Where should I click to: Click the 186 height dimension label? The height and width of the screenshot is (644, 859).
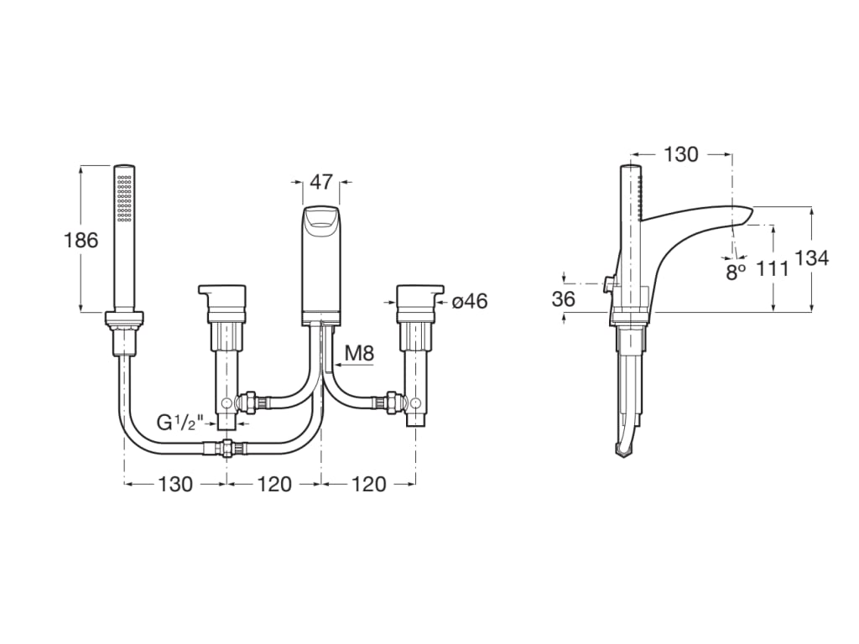click(81, 240)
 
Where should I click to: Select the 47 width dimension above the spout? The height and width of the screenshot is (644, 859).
click(321, 182)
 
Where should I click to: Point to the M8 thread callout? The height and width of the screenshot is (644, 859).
click(359, 353)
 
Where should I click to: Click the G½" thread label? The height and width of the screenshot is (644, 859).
click(180, 423)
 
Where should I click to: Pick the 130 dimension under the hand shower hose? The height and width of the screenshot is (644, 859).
click(175, 484)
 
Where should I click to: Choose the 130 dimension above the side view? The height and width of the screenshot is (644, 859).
click(680, 154)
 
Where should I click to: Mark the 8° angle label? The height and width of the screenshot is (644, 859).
click(736, 272)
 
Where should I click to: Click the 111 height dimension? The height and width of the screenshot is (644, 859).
click(772, 268)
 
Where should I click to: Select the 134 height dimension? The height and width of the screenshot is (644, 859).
click(811, 258)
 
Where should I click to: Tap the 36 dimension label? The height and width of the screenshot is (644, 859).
click(565, 299)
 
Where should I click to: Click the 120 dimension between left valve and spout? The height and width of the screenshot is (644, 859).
click(274, 484)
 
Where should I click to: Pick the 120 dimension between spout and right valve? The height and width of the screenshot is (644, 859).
click(369, 484)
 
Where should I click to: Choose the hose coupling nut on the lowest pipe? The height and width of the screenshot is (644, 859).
click(226, 448)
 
